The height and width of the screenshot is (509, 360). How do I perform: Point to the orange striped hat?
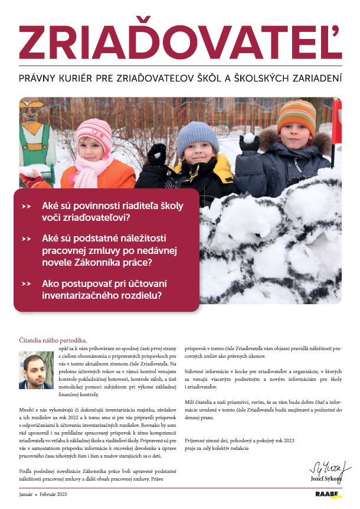click(296, 118)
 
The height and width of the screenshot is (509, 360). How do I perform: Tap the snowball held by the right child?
click(250, 138)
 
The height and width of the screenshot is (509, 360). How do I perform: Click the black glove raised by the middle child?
click(157, 155)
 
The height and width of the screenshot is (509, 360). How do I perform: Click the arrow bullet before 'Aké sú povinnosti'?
click(26, 207)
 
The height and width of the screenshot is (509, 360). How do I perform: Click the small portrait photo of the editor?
click(36, 370)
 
